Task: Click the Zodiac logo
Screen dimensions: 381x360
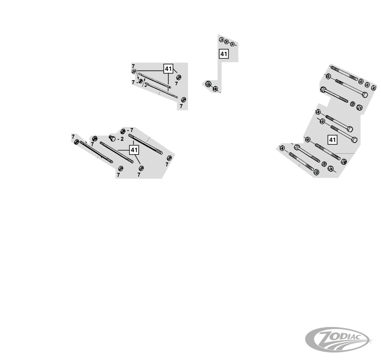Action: pos(337,339)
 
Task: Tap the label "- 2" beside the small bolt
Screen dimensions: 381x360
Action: pos(120,139)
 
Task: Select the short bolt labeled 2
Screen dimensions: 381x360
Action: pos(112,138)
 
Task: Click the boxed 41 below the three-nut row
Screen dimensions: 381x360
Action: pos(224,54)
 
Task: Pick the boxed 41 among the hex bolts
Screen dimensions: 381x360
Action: pos(332,140)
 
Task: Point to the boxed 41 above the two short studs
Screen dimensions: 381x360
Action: pos(169,69)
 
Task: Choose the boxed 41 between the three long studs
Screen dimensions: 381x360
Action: pos(134,150)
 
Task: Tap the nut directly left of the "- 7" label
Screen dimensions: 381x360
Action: pos(123,131)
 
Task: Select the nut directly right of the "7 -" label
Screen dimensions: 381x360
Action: pos(141,81)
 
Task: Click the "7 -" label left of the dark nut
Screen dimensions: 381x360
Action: pos(135,82)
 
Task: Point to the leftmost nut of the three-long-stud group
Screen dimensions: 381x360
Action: pos(76,141)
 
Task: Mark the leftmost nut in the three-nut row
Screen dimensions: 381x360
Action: pos(221,40)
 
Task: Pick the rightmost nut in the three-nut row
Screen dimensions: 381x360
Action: pos(232,44)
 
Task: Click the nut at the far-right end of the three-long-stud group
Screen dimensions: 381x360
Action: pos(169,158)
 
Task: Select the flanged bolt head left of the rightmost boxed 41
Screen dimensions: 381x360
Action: pos(297,147)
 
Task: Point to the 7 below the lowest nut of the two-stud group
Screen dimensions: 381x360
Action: pos(181,106)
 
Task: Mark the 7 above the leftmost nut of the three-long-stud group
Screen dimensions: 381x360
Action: pos(73,136)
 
